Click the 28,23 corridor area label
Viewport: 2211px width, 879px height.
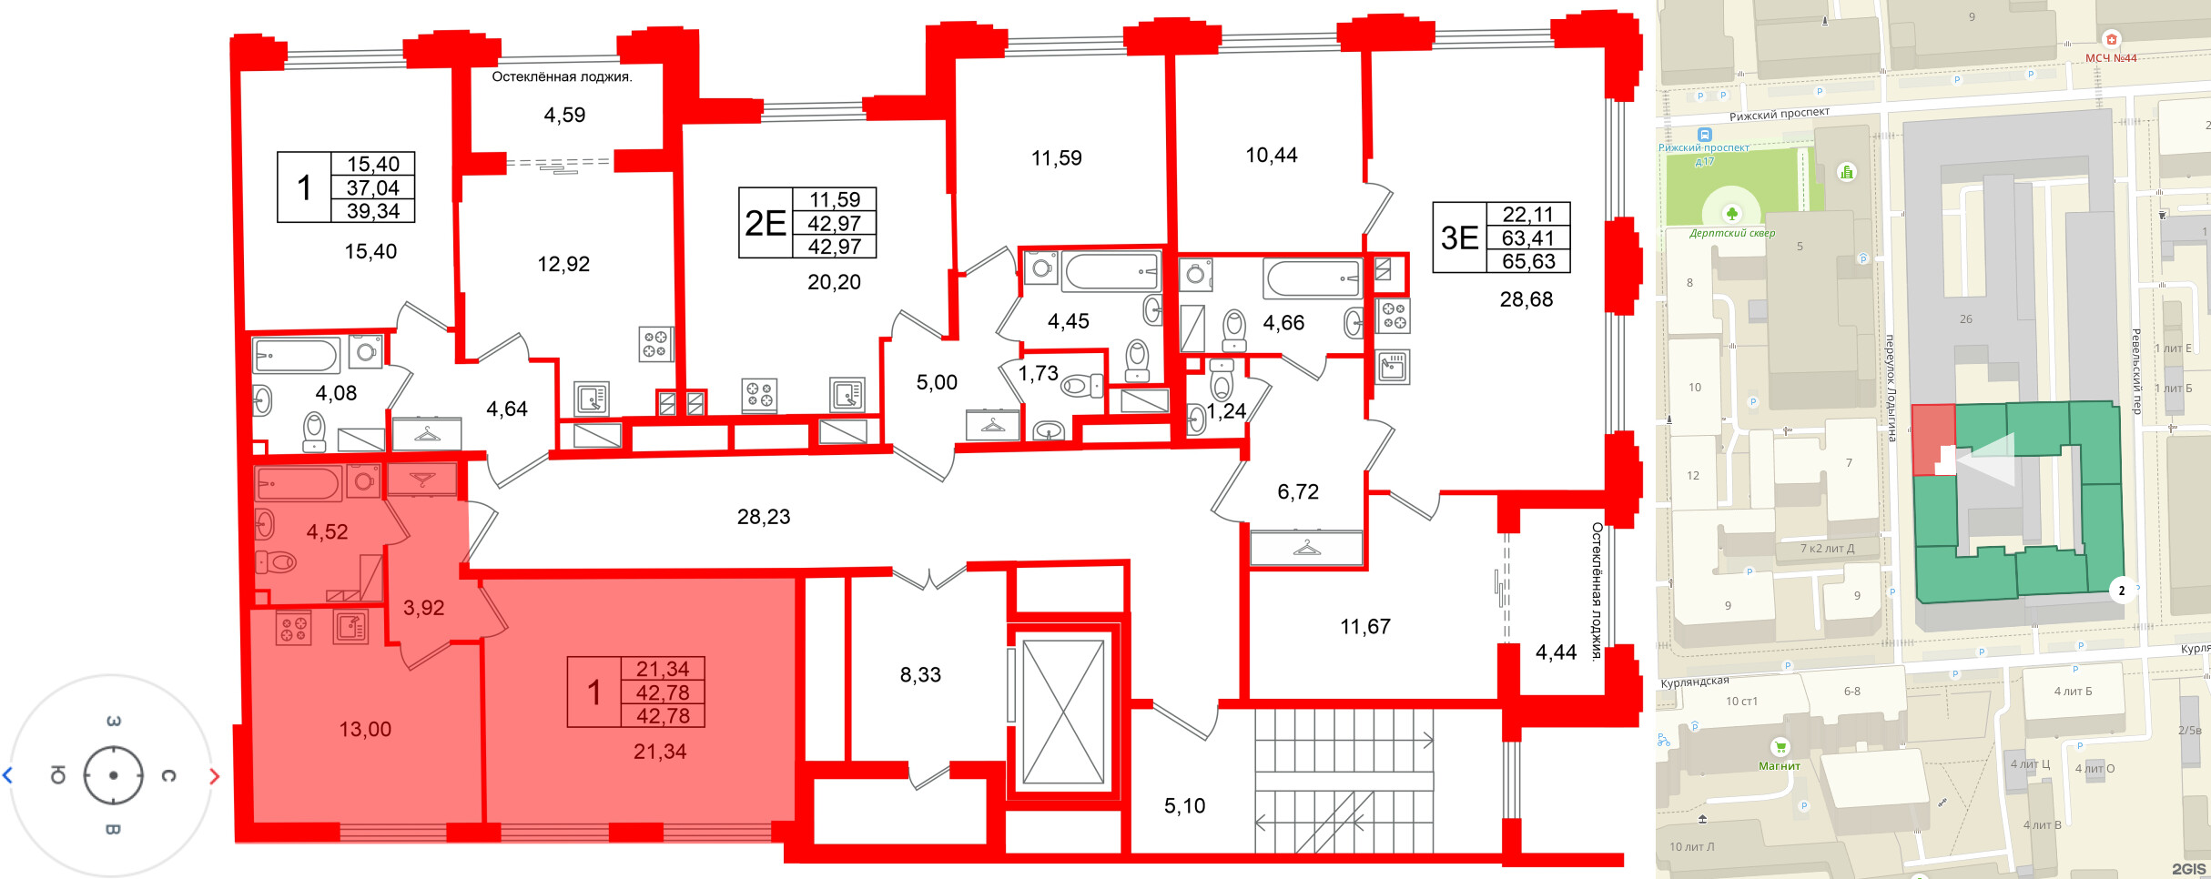click(x=764, y=517)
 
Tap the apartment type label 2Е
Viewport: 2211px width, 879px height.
click(x=766, y=223)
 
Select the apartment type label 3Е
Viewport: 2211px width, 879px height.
click(x=1460, y=237)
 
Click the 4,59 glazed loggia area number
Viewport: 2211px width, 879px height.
click(x=564, y=115)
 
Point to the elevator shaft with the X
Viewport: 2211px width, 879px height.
click(x=1063, y=711)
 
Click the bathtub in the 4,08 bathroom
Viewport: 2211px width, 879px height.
click(x=296, y=355)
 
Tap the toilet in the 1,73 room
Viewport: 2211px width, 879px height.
click(x=1081, y=386)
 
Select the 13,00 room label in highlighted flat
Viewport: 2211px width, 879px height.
click(x=365, y=729)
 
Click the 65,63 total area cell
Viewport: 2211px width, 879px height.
click(x=1529, y=261)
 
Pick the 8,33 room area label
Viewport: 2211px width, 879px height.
click(x=920, y=674)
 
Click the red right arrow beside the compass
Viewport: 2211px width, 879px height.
click(x=215, y=776)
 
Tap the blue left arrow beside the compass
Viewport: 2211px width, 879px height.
click(x=7, y=776)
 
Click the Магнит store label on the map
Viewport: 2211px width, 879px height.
click(x=1780, y=766)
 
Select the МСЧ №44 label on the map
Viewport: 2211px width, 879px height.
click(x=2111, y=58)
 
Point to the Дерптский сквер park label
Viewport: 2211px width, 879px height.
click(x=1732, y=233)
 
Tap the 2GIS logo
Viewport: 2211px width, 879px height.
click(x=2188, y=869)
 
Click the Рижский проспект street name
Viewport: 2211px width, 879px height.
click(x=1780, y=114)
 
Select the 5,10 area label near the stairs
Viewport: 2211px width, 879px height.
click(x=1184, y=805)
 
